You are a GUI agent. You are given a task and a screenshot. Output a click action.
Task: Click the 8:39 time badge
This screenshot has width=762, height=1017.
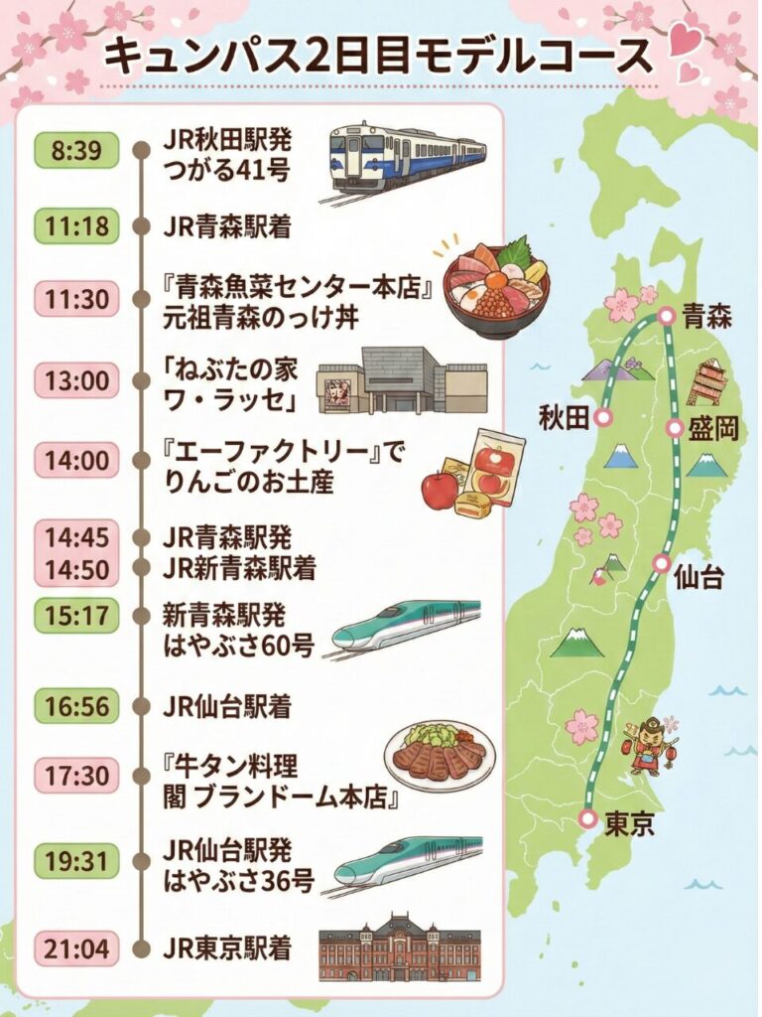tap(76, 153)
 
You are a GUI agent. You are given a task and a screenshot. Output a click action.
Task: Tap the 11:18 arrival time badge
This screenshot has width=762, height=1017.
tap(76, 225)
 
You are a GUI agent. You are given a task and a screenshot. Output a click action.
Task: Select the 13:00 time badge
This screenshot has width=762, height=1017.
tap(76, 379)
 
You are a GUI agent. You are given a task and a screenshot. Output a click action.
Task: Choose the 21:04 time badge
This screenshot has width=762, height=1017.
tap(76, 947)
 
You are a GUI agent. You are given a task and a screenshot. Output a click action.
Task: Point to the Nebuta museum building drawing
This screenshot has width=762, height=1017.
tap(403, 379)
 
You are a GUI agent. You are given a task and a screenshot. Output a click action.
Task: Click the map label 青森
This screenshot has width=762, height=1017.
tap(710, 318)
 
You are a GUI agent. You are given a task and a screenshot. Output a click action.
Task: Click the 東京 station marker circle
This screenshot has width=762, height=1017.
tap(587, 818)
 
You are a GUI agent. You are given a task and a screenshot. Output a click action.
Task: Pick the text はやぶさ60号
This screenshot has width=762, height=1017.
tap(238, 647)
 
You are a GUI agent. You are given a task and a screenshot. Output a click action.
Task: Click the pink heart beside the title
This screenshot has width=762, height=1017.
tap(682, 42)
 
